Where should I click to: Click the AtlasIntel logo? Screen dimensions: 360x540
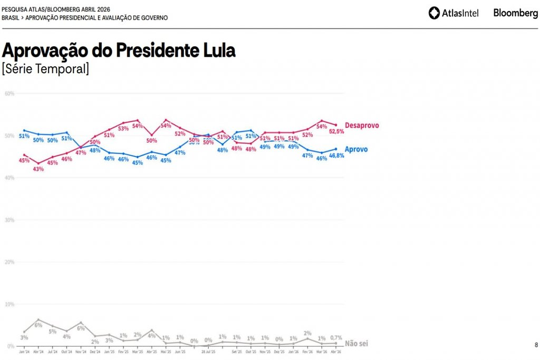pos(453,13)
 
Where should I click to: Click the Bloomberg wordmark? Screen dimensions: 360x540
pos(516,13)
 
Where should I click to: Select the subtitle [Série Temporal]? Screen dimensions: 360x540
pos(45,69)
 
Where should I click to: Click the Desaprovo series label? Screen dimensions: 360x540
pos(361,126)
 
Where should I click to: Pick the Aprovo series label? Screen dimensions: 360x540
pos(356,149)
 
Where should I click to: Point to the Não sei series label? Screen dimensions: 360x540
pos(356,343)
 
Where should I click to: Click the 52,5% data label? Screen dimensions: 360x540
pos(336,132)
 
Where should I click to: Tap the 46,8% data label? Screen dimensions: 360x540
pos(336,156)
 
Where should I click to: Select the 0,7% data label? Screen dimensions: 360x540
pos(336,337)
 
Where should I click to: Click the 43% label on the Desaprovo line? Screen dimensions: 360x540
pos(38,169)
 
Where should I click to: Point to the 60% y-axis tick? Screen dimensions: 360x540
pos(9,93)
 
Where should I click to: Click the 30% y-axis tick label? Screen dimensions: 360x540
pos(9,220)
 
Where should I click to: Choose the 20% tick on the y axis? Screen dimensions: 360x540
pos(9,262)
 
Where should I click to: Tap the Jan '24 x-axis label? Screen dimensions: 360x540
pos(24,351)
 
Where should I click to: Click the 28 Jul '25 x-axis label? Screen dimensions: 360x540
pos(208,351)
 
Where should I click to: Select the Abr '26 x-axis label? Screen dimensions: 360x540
pos(336,351)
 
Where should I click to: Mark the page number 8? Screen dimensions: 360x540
pos(536,345)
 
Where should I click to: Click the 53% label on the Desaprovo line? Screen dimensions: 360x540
pos(123,129)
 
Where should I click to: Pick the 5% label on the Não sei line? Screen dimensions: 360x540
pos(52,331)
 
